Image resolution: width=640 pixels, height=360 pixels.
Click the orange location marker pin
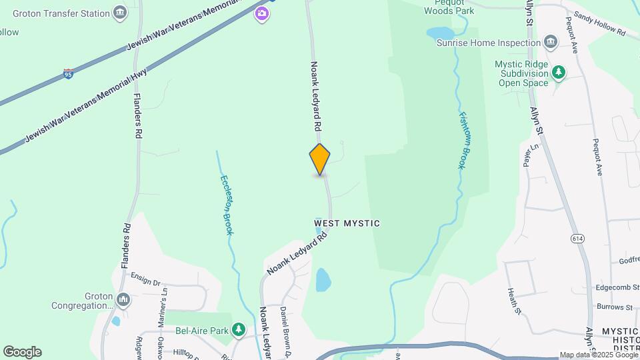tap(320, 159)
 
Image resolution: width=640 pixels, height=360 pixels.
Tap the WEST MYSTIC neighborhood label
tap(347, 223)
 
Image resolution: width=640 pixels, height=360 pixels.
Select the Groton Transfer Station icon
tap(120, 13)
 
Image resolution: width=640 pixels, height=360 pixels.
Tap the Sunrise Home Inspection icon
tap(551, 43)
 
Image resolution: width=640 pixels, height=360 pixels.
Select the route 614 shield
tap(578, 238)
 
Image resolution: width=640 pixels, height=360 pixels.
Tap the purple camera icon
tap(262, 13)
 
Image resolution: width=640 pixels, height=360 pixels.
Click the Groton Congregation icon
tap(123, 301)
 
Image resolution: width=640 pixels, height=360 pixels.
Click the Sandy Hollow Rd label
tap(599, 23)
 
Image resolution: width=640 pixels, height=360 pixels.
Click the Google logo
tap(22, 352)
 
